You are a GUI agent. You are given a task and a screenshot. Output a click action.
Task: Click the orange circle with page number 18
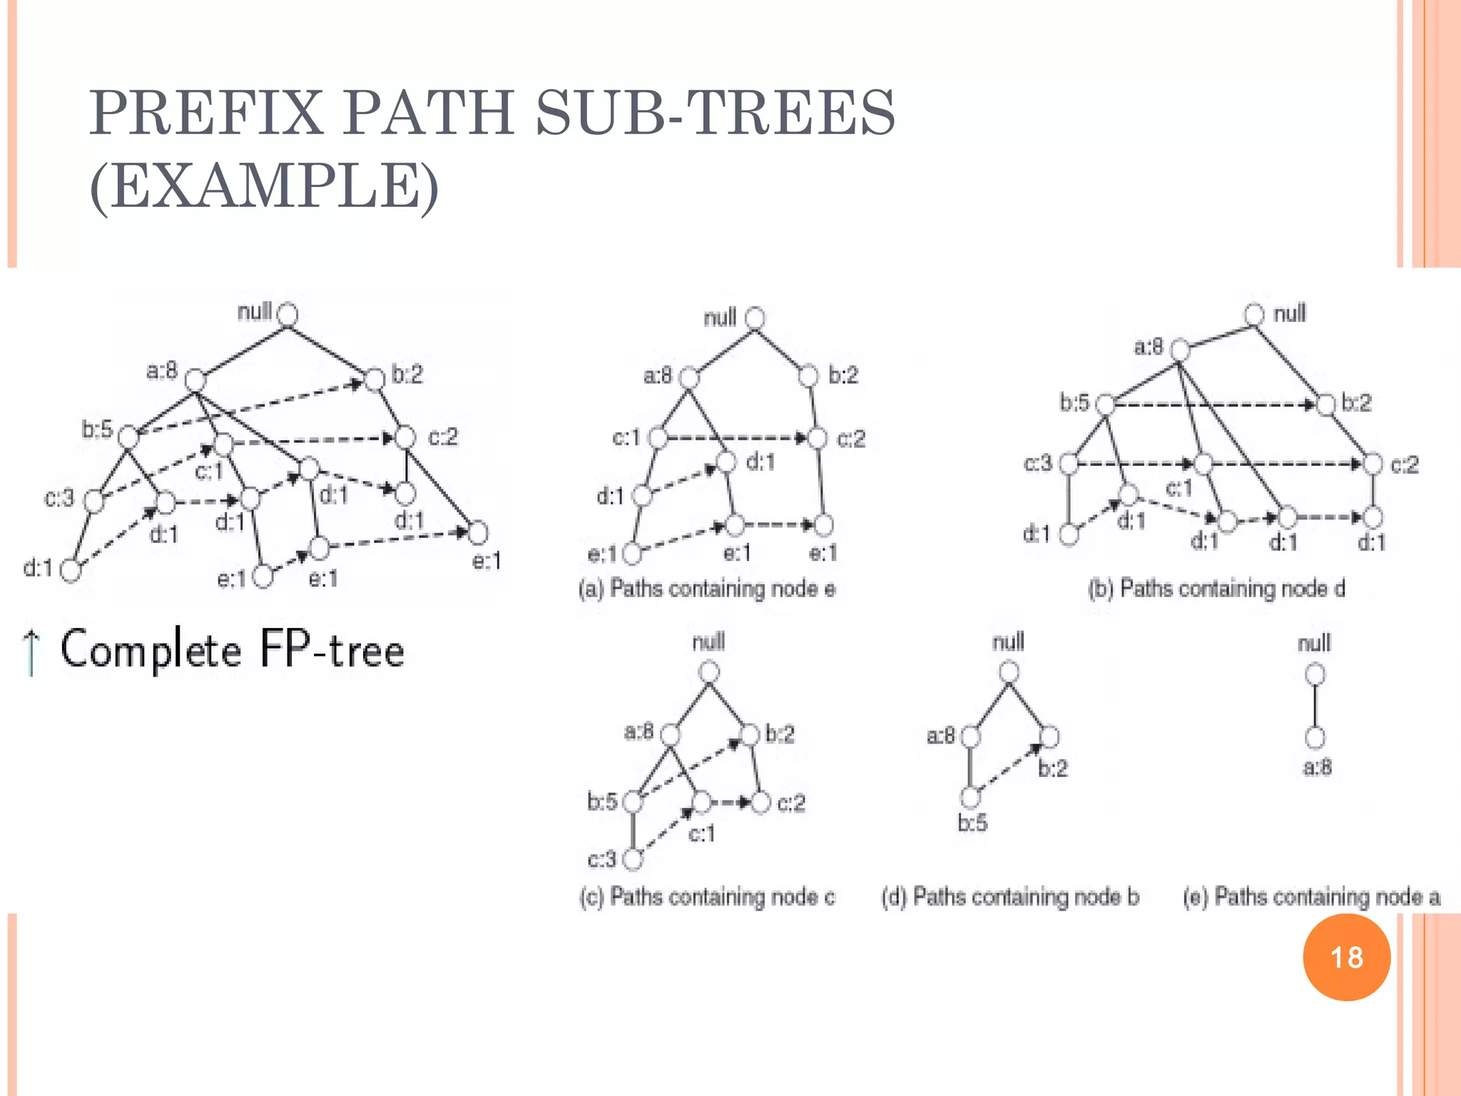1346,957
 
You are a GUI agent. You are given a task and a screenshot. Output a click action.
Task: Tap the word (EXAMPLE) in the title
264,186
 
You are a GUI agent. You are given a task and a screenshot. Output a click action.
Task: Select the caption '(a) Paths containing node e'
706,589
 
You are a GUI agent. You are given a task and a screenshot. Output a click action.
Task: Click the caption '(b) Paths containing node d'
1216,589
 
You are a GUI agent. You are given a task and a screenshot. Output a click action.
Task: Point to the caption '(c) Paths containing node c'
706,896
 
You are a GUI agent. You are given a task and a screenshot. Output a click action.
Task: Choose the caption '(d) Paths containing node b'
1010,896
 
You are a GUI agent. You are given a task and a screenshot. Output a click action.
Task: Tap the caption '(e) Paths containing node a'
1311,896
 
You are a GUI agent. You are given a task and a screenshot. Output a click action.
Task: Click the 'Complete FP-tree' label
233,649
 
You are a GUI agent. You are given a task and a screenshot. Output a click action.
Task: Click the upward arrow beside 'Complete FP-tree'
31,651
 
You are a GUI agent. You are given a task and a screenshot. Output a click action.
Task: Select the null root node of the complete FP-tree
287,314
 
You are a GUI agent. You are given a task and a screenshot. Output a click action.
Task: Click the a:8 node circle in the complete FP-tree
195,380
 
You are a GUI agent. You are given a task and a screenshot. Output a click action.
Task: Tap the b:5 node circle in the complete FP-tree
128,437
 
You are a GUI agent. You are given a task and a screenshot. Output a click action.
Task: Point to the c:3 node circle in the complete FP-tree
94,501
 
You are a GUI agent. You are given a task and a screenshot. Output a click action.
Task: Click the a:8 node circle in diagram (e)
1315,738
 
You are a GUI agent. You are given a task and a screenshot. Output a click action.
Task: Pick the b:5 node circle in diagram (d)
970,797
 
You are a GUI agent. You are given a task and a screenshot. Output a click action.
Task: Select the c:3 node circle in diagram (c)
633,860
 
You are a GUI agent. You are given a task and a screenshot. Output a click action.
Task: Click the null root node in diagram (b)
1253,315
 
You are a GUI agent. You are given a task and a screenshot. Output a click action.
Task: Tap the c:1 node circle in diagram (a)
658,437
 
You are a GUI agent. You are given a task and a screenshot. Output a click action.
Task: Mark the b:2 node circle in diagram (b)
1325,405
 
